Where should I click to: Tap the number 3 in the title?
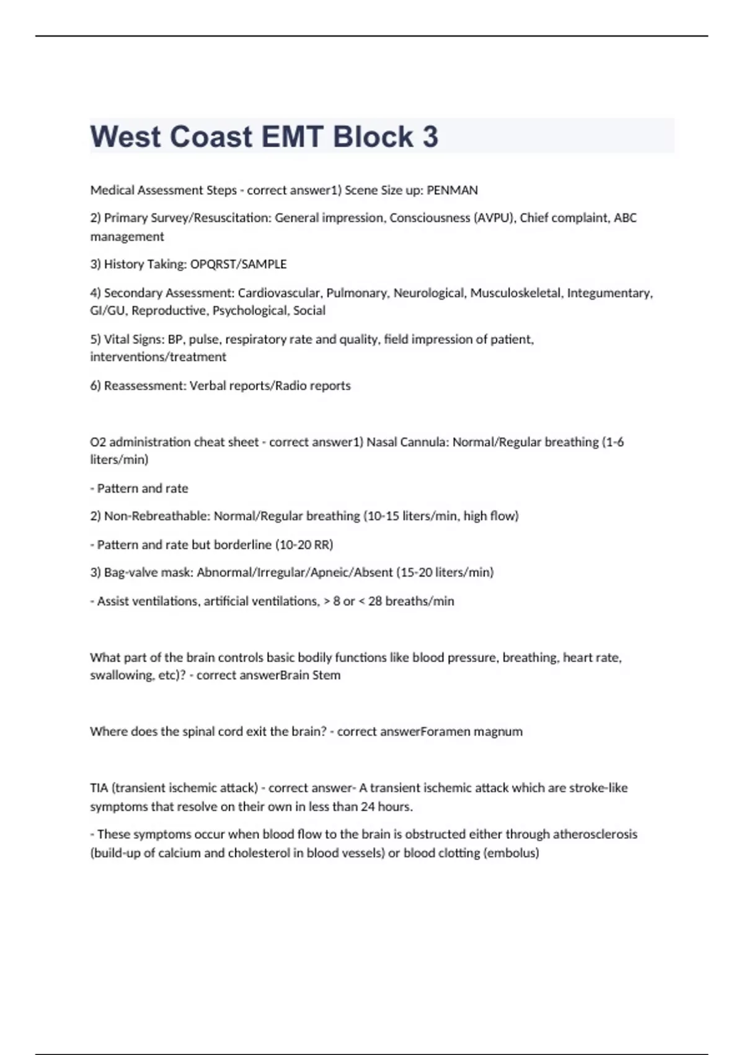(430, 137)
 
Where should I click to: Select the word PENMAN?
(452, 191)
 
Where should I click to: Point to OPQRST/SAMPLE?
(238, 264)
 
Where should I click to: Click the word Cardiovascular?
(279, 293)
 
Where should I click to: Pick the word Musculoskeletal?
(515, 293)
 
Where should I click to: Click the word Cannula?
(424, 442)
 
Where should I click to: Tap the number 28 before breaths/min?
(374, 601)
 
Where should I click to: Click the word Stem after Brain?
(326, 675)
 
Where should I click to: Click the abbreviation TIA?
(99, 788)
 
